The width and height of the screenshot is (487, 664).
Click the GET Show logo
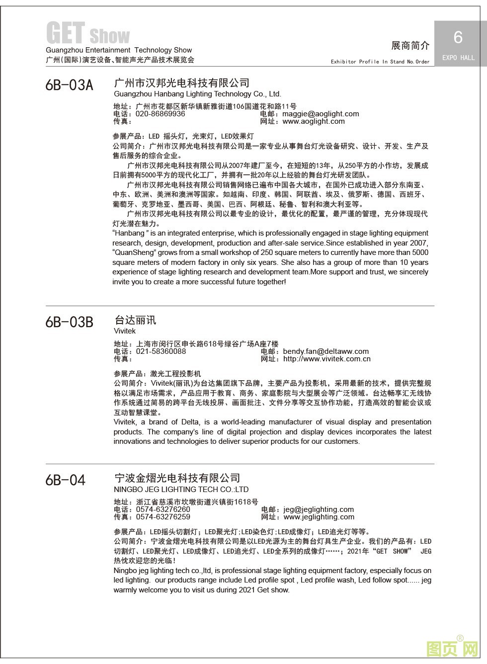coord(88,34)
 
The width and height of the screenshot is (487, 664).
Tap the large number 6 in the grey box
coord(458,37)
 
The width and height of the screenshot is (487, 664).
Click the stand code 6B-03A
coord(69,85)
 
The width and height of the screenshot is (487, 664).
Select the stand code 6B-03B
coord(69,322)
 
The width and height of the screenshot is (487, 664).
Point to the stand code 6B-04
coord(65,480)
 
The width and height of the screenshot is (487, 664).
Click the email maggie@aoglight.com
coord(321,114)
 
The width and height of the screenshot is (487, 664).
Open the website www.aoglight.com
coord(313,121)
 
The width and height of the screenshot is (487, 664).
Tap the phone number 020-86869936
coord(160,114)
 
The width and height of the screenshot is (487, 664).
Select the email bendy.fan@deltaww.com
coord(325,351)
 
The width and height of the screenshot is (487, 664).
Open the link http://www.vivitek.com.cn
coord(326,359)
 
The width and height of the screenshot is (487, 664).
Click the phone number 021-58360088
coord(161,351)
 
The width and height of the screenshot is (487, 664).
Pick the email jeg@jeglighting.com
coord(319,509)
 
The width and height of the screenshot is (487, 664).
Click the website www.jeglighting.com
coord(319,517)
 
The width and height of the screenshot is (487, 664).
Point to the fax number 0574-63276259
coord(162,517)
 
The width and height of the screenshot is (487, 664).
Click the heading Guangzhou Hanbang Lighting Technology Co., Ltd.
coord(197,94)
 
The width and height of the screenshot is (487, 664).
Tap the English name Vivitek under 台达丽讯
coord(124,331)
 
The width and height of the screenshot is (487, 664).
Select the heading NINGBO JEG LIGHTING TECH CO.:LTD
coord(181,490)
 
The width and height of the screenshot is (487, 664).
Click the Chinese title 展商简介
coord(410,46)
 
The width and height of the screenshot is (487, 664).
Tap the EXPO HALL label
coord(458,58)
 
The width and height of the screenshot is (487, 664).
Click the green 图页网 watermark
coord(452,648)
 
